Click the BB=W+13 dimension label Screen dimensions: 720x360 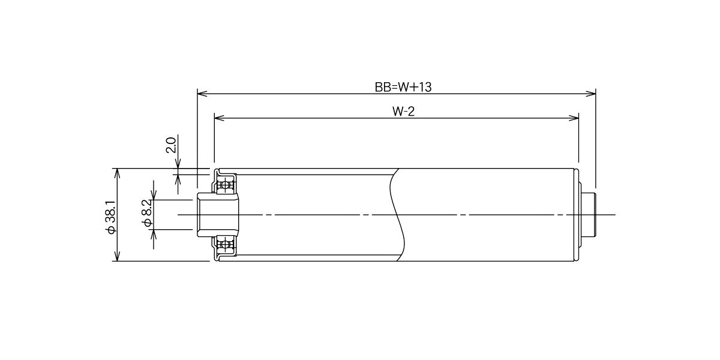pyautogui.click(x=403, y=87)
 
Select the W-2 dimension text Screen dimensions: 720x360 pyautogui.click(x=403, y=112)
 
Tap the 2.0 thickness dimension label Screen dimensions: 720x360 pyautogui.click(x=170, y=145)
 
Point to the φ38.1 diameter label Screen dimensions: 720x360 pyautogui.click(x=111, y=217)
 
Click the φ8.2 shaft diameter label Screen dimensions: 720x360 pyautogui.click(x=147, y=213)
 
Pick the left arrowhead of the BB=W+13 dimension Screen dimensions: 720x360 pyautogui.click(x=202, y=94)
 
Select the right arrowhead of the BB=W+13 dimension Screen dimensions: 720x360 pyautogui.click(x=591, y=94)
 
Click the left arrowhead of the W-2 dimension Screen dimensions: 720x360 pyautogui.click(x=219, y=118)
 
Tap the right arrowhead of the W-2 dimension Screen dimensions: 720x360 pyautogui.click(x=574, y=118)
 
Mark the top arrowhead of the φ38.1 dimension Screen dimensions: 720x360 pyautogui.click(x=118, y=173)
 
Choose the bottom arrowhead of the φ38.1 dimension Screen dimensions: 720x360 pyautogui.click(x=118, y=256)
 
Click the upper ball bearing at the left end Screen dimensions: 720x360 pyautogui.click(x=226, y=185)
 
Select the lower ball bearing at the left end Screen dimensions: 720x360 pyautogui.click(x=226, y=244)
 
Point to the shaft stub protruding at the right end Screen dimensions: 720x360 pyautogui.click(x=589, y=215)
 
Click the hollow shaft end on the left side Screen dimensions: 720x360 pyautogui.click(x=218, y=215)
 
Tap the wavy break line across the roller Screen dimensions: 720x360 pyautogui.click(x=397, y=215)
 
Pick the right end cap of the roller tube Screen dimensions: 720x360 pyautogui.click(x=577, y=215)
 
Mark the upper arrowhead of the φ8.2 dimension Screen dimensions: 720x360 pyautogui.click(x=154, y=195)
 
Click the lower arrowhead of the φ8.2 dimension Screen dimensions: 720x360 pyautogui.click(x=154, y=235)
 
